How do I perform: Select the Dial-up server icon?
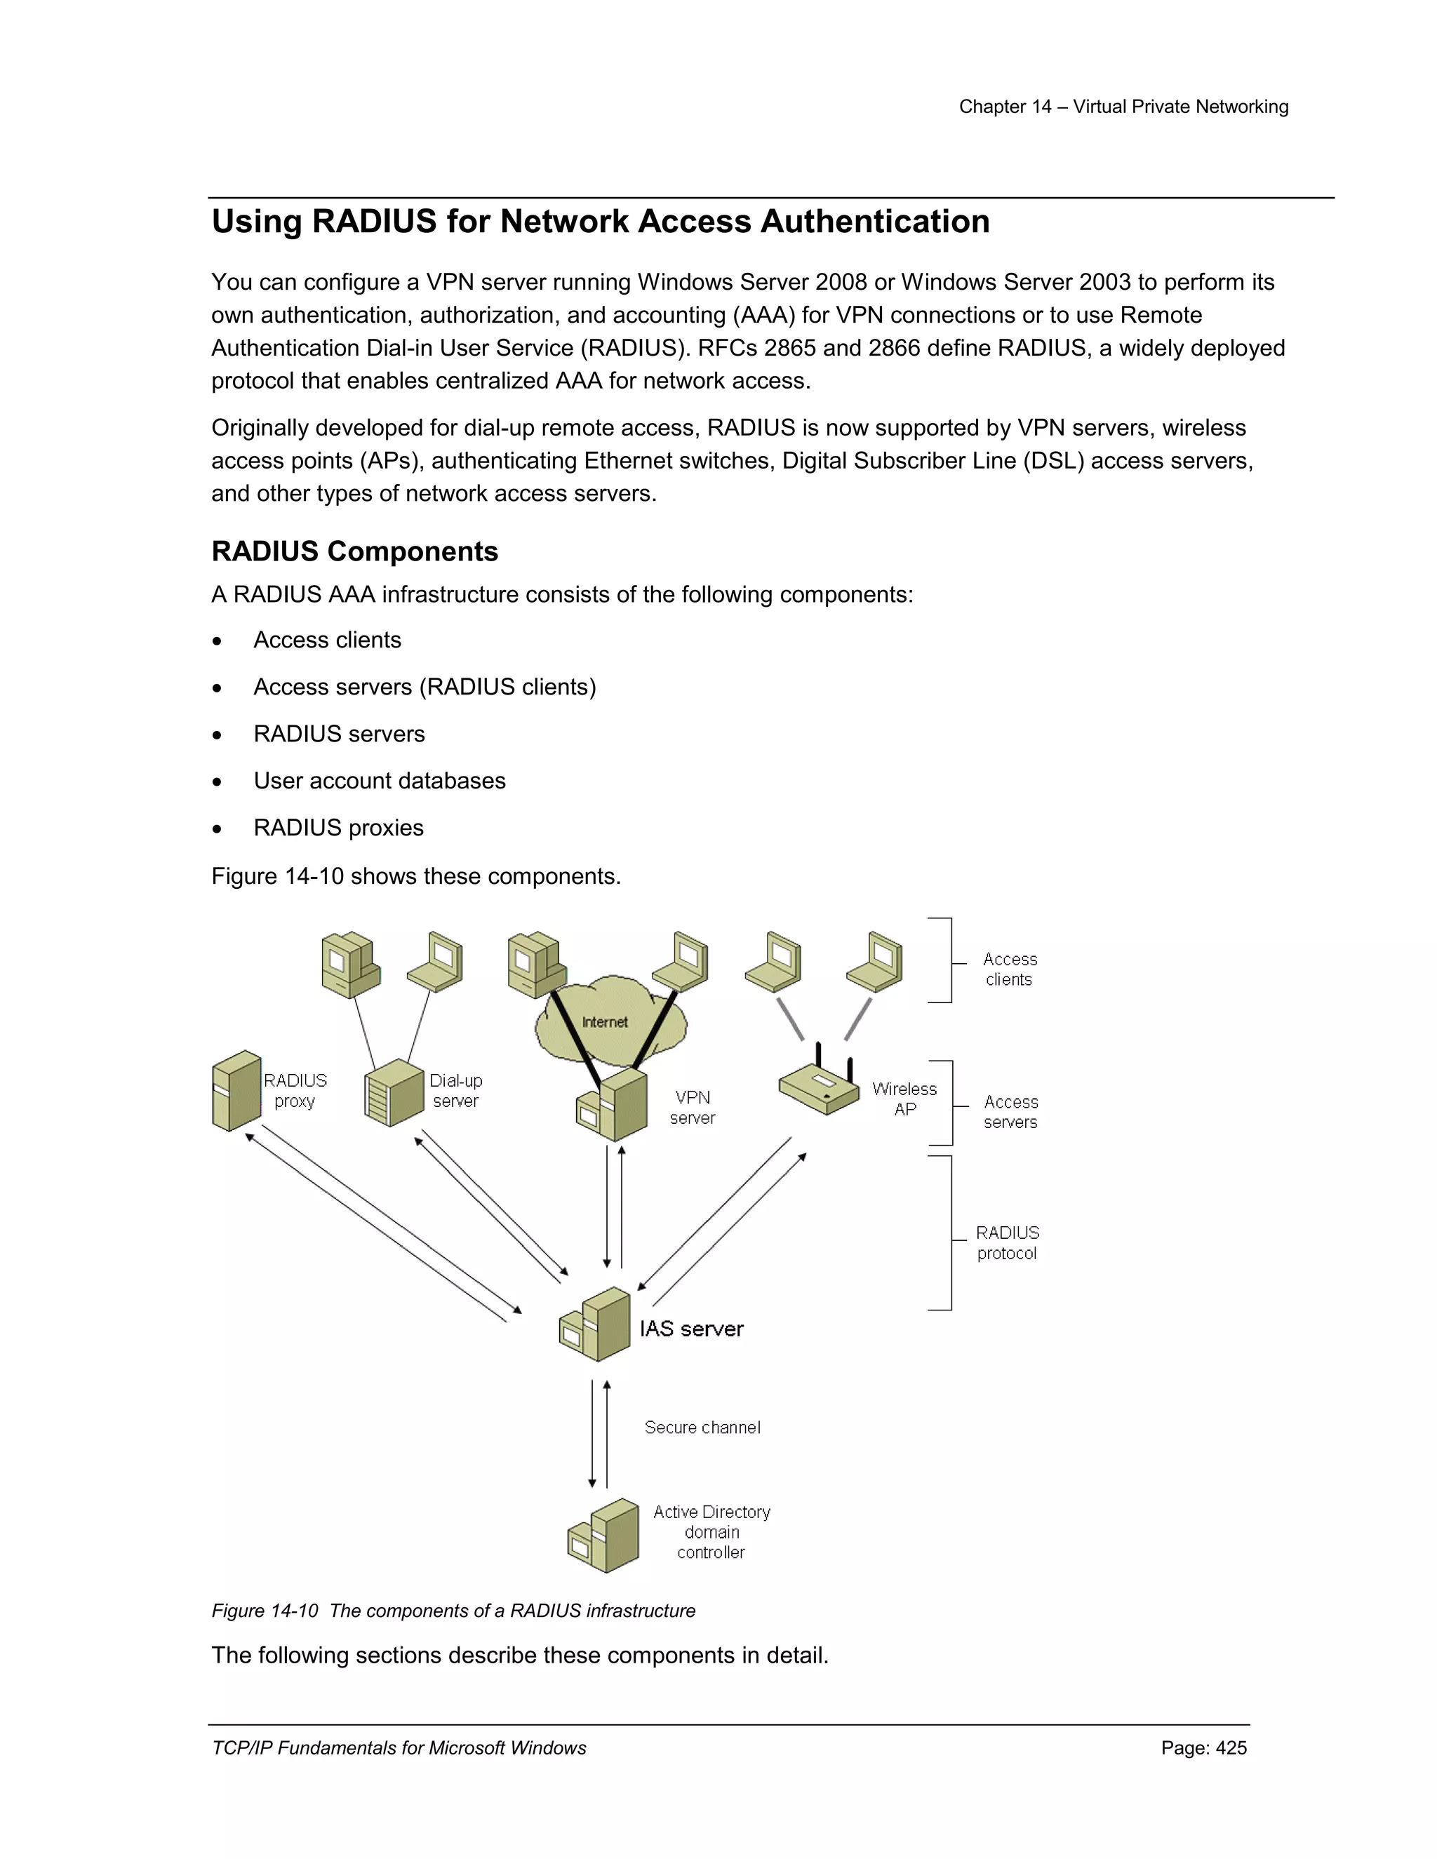(x=394, y=1093)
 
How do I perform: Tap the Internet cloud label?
(x=604, y=1021)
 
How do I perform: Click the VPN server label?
(x=692, y=1108)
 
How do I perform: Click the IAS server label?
(x=691, y=1329)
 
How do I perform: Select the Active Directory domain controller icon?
(x=603, y=1536)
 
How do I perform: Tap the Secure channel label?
(x=702, y=1428)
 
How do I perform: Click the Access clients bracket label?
(x=1010, y=969)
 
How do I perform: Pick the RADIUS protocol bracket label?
(x=1007, y=1243)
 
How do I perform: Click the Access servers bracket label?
(x=1010, y=1112)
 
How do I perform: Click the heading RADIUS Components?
(x=354, y=551)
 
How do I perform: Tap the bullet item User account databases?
(x=379, y=781)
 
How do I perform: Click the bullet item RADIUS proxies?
(x=338, y=827)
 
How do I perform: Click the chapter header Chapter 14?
(x=1005, y=107)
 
